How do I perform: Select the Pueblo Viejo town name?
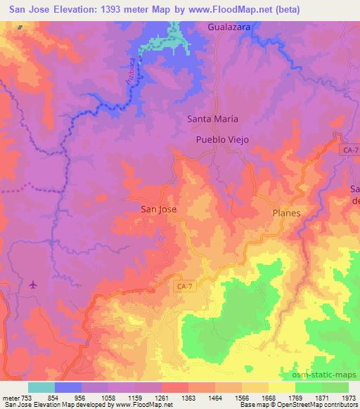click(222, 139)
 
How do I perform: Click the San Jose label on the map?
click(158, 209)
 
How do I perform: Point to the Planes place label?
click(286, 213)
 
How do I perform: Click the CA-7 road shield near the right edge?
click(349, 151)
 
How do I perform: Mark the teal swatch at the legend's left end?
click(41, 387)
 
